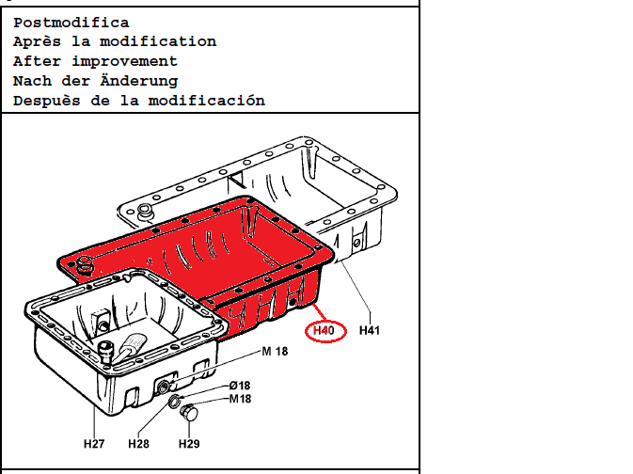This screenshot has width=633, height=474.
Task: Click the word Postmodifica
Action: pos(71,23)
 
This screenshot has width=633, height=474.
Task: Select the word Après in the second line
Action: pos(37,41)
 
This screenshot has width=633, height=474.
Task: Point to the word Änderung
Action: pos(139,81)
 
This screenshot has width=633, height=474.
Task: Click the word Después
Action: pos(46,101)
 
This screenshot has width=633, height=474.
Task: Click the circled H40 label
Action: pos(324,331)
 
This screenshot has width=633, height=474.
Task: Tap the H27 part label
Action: pos(93,443)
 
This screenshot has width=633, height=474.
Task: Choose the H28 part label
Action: pos(138,443)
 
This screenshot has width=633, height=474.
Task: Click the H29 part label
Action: pos(190,443)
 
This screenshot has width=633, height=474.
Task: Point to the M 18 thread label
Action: pos(275,352)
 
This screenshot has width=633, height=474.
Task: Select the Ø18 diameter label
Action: pos(241,386)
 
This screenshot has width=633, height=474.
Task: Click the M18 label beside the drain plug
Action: pos(241,399)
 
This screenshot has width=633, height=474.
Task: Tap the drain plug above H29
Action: pos(191,412)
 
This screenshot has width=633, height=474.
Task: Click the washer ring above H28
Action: pos(174,403)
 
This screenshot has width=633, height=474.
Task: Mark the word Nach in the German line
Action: pos(31,81)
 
